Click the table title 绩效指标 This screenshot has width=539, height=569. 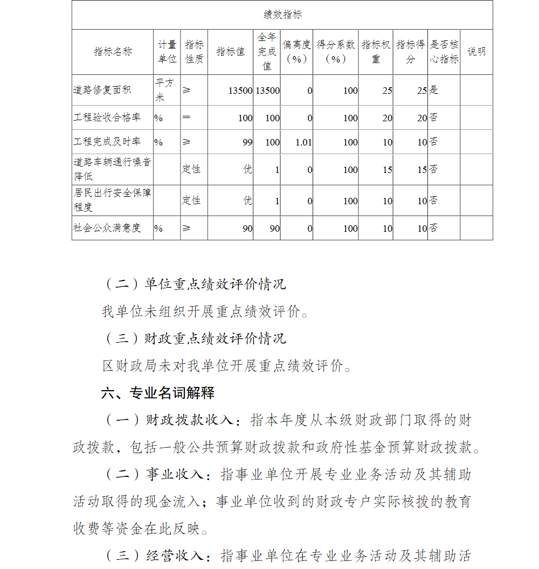(282, 15)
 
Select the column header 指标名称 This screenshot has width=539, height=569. (113, 52)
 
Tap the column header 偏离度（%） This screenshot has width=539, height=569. (296, 52)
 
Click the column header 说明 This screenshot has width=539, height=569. (476, 52)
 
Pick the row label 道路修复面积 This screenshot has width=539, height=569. (102, 90)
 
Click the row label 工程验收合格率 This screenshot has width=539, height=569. (107, 117)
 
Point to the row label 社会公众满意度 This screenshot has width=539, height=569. (107, 228)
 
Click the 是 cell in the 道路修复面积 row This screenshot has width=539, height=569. (434, 90)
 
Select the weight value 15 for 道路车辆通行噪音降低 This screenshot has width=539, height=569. (387, 170)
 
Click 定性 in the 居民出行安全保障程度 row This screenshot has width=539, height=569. (191, 200)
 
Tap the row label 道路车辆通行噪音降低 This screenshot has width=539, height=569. (112, 169)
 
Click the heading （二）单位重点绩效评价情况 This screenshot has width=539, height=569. (194, 284)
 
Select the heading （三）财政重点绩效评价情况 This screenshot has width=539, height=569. (194, 339)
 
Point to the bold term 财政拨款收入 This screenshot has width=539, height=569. (189, 420)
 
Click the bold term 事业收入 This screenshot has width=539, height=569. (175, 475)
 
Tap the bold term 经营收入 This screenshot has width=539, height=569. (175, 556)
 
